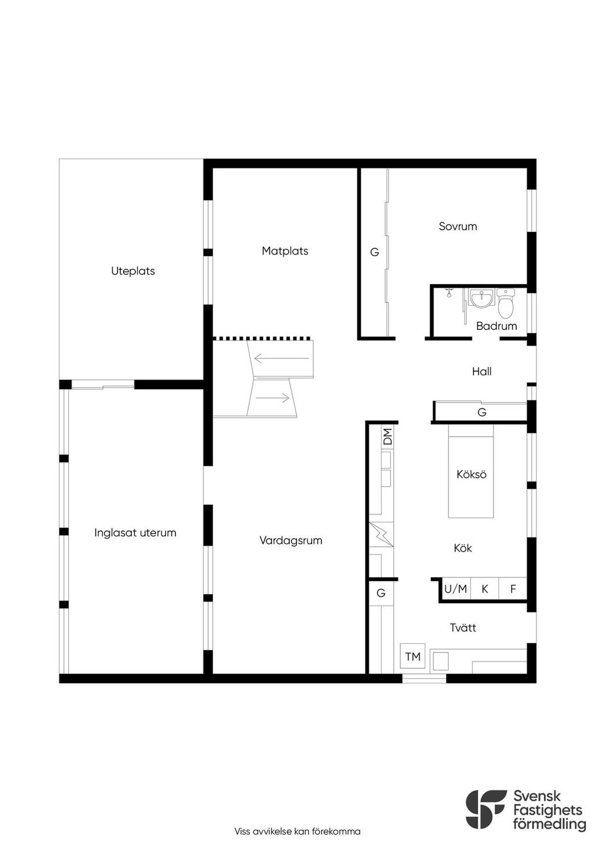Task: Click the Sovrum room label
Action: pyautogui.click(x=457, y=226)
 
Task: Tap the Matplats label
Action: pyautogui.click(x=285, y=251)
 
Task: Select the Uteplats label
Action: pyautogui.click(x=133, y=271)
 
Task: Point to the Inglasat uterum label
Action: pyautogui.click(x=135, y=533)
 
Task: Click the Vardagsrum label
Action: pyautogui.click(x=291, y=541)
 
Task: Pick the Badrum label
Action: pyautogui.click(x=496, y=326)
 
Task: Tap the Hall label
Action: pyautogui.click(x=482, y=372)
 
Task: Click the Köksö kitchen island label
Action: pyautogui.click(x=471, y=474)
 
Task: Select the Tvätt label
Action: pyautogui.click(x=463, y=628)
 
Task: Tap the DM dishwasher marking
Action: pyautogui.click(x=388, y=436)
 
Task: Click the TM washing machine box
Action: pyautogui.click(x=413, y=656)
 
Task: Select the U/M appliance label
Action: pyautogui.click(x=456, y=589)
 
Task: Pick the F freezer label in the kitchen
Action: pyautogui.click(x=512, y=589)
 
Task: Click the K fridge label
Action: pyautogui.click(x=485, y=589)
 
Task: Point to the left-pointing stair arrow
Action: pyautogui.click(x=282, y=358)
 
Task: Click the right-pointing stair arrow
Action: pyautogui.click(x=272, y=397)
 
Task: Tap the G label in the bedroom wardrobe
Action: pyautogui.click(x=374, y=252)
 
